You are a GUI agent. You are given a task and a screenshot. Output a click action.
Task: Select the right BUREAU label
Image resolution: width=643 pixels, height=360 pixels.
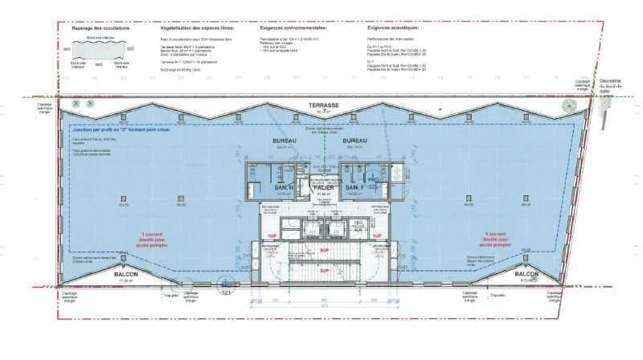[354, 141]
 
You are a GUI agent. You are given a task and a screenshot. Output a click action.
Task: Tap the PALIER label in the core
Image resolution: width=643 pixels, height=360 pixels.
[324, 187]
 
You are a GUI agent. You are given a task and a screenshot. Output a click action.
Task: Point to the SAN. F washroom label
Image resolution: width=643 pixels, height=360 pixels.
[357, 187]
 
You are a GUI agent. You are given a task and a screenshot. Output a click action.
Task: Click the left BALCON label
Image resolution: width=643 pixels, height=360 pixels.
[125, 274]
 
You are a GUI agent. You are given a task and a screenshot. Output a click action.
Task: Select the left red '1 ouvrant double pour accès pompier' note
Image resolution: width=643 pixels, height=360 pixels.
[143, 237]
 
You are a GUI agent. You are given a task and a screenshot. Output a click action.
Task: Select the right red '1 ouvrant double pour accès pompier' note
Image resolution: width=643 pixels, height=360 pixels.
[499, 237]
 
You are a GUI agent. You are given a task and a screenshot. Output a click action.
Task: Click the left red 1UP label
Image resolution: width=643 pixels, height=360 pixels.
[272, 235]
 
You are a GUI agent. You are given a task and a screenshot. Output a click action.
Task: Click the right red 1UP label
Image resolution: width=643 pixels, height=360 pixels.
[375, 235]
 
